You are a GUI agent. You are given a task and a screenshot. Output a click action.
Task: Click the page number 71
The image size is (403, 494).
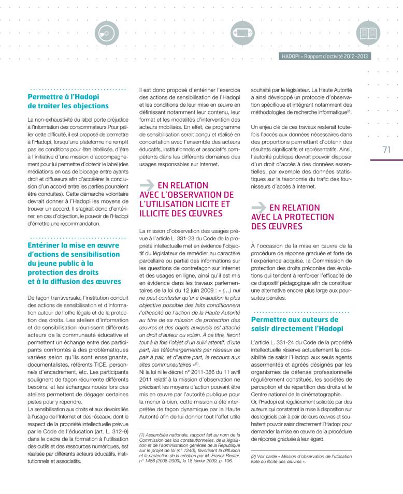pos(386,150)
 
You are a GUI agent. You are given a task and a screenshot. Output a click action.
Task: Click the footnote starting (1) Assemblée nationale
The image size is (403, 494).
pos(190,448)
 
